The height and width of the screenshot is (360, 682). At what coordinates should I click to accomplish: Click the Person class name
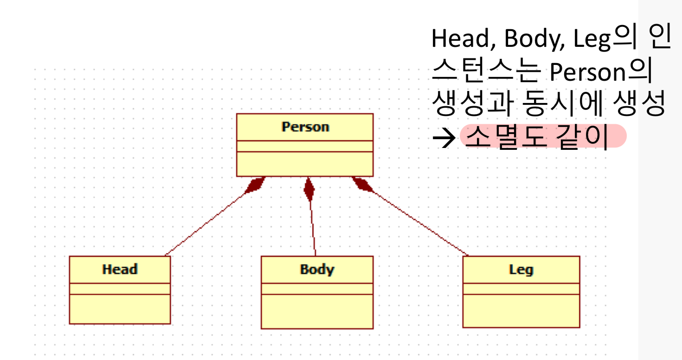point(305,127)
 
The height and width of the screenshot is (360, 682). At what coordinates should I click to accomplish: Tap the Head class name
point(120,270)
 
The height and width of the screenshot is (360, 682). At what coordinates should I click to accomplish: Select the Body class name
point(317,270)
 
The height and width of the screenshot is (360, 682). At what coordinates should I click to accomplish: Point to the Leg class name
point(521,270)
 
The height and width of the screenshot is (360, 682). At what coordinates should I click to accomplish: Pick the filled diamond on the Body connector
point(309,189)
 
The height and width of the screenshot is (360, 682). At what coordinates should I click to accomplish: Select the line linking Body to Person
point(313,227)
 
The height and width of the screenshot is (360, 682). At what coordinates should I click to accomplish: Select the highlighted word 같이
point(582,137)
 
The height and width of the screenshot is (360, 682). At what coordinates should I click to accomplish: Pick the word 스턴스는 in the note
point(486,72)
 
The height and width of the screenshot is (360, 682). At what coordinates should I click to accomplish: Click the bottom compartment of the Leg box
point(521,310)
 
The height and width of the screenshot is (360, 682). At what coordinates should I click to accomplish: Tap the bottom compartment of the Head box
point(120,309)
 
